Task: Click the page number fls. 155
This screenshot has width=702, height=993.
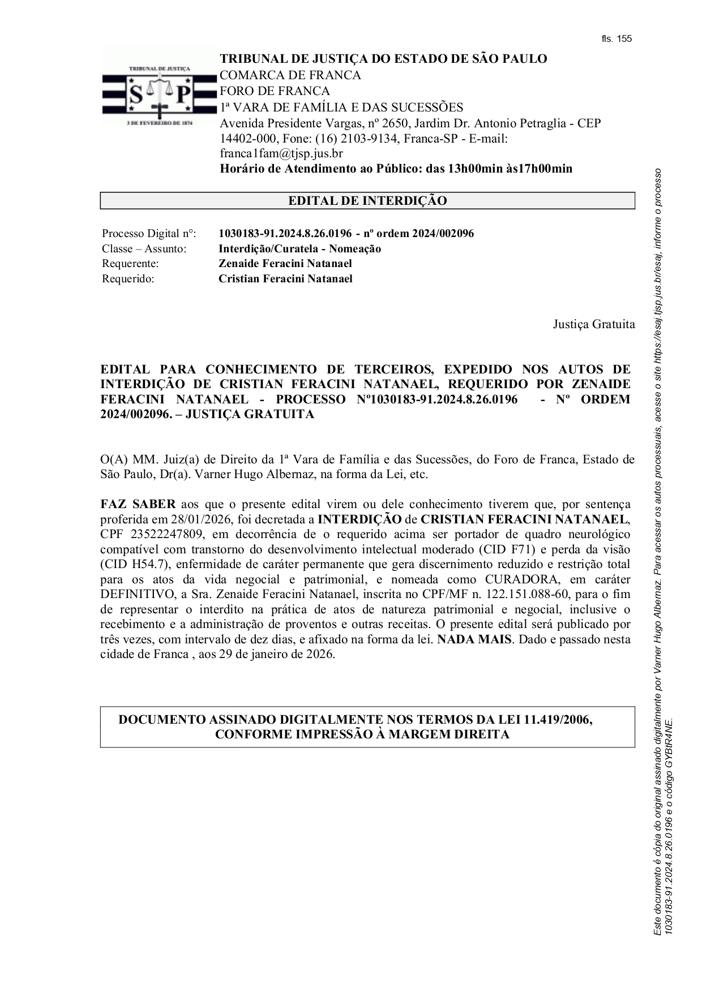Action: coord(616,39)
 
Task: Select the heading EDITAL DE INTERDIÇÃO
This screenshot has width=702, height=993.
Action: coord(367,201)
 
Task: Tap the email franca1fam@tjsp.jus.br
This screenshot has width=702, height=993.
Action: coord(281,153)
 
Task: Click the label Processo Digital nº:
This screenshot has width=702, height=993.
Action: coord(149,234)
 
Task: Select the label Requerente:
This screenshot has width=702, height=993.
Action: coord(130,264)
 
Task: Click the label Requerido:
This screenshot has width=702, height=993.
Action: coord(128,279)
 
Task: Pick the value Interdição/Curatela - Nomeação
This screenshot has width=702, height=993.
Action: coord(299,249)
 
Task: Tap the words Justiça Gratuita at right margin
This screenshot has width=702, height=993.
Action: coord(594,324)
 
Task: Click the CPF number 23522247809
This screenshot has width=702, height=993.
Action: coord(165,535)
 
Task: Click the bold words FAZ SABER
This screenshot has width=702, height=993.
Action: coord(138,504)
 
